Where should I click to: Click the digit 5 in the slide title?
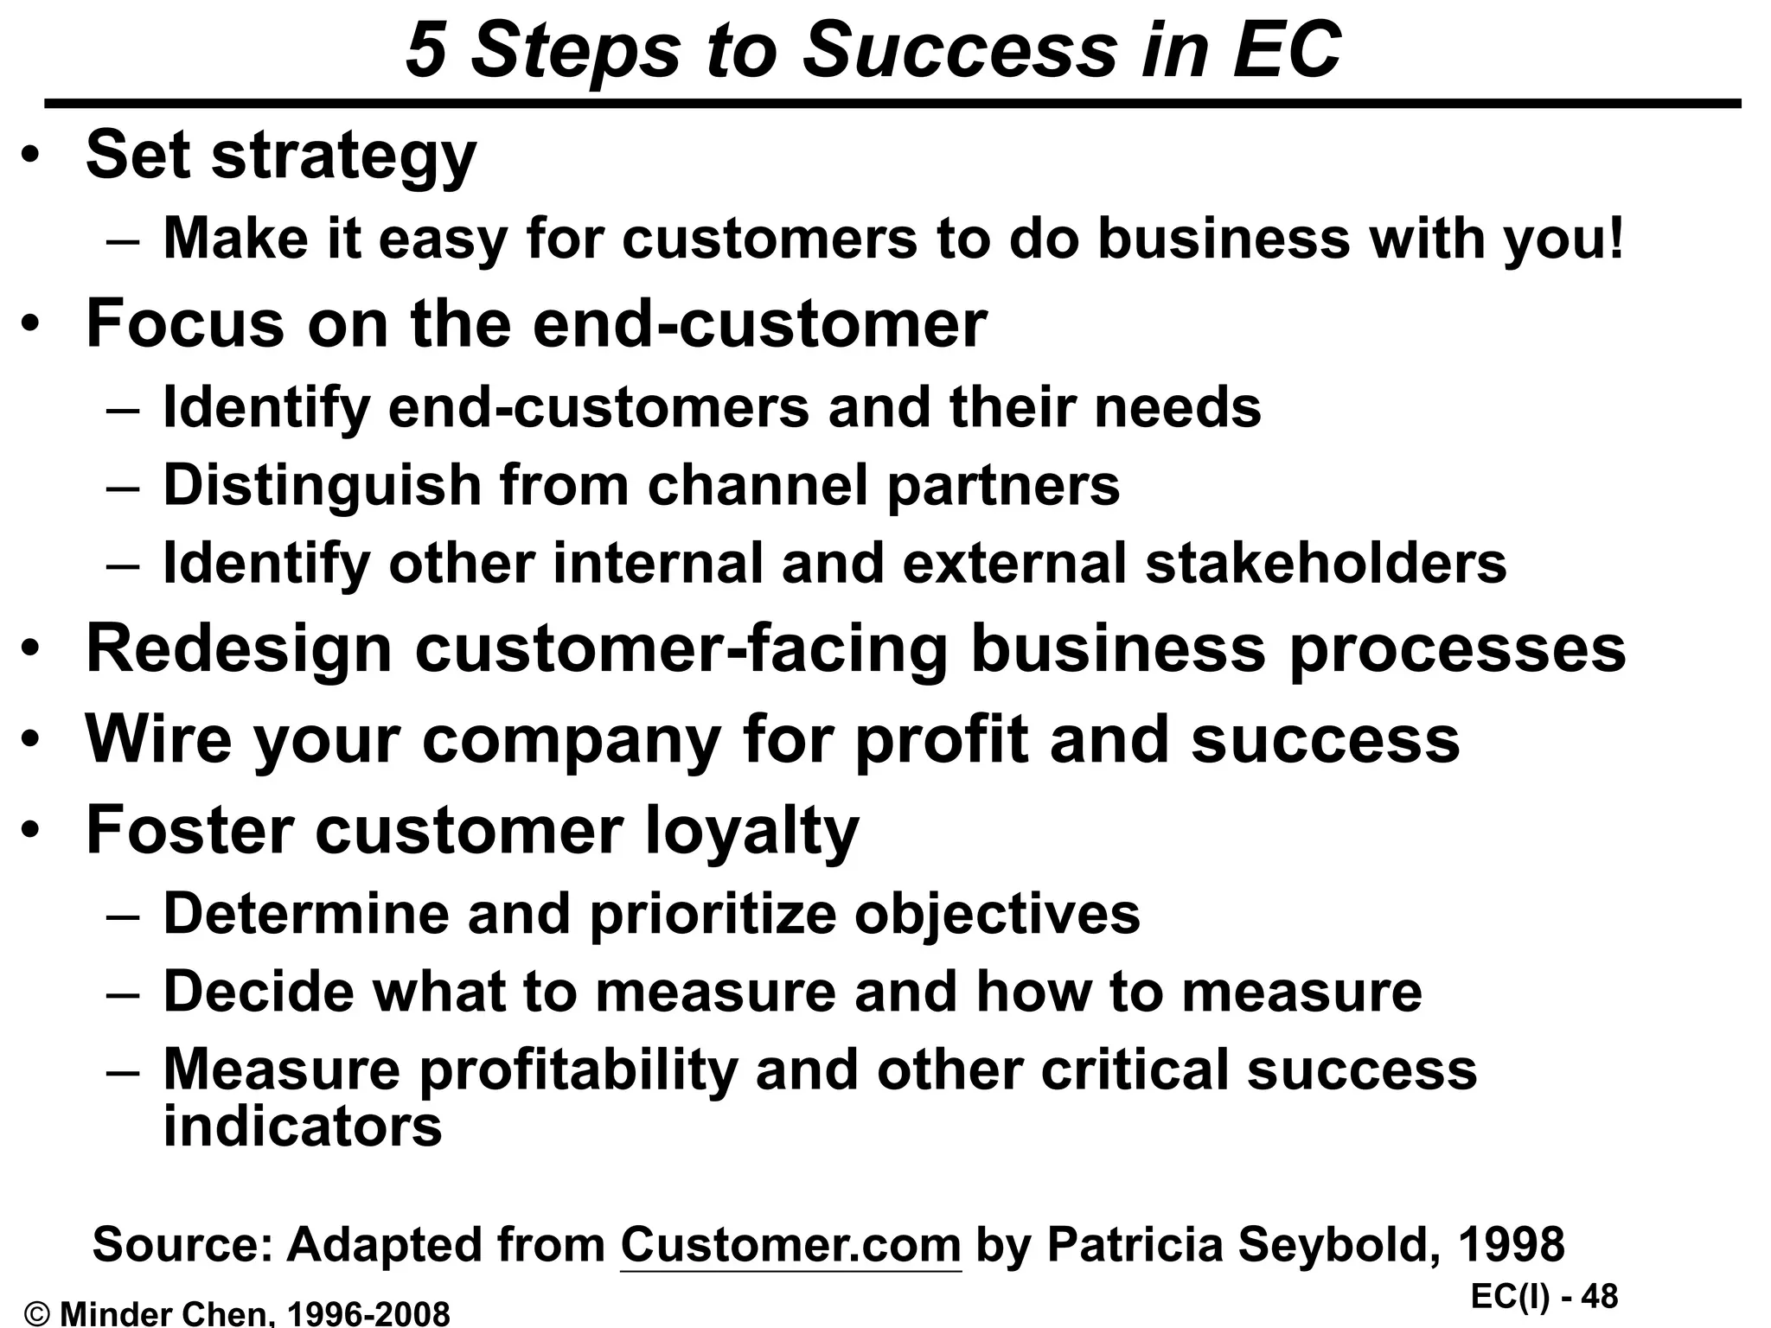tap(425, 50)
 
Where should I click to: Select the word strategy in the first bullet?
tap(343, 157)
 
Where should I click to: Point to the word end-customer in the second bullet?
tap(759, 324)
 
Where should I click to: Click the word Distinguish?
tap(322, 485)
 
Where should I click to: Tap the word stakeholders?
tap(1326, 563)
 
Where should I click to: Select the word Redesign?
tap(239, 650)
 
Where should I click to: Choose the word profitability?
tap(579, 1070)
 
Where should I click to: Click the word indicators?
tap(303, 1126)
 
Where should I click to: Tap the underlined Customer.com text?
tap(790, 1245)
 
